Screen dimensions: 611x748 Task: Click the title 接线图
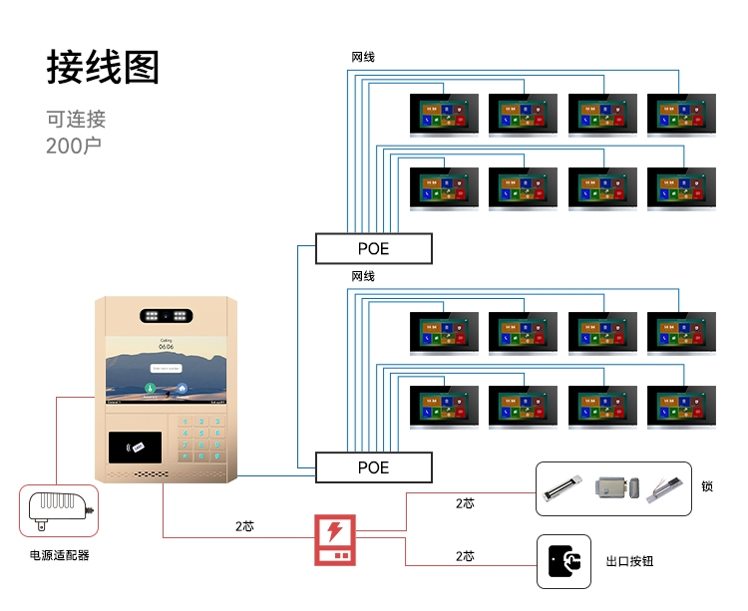pos(103,68)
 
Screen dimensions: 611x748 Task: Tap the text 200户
pos(74,146)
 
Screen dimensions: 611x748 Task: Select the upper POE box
pos(374,248)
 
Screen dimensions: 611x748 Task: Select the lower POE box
pos(374,466)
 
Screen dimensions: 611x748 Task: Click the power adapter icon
pos(60,511)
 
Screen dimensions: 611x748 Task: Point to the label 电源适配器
pos(60,555)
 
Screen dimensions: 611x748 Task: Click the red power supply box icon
pos(335,539)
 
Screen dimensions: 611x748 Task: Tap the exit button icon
pos(563,561)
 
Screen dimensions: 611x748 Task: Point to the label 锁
pos(707,487)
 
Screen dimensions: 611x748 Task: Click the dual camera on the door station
pos(167,315)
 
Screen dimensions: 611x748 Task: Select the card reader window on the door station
pos(138,445)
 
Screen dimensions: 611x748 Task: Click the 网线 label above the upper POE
pos(363,57)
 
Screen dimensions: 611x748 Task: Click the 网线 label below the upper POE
pos(363,276)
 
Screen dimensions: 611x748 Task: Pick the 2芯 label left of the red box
pos(244,525)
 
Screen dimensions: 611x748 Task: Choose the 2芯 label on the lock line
pos(465,503)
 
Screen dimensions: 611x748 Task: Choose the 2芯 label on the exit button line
pos(465,555)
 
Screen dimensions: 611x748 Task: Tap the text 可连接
pos(76,120)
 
